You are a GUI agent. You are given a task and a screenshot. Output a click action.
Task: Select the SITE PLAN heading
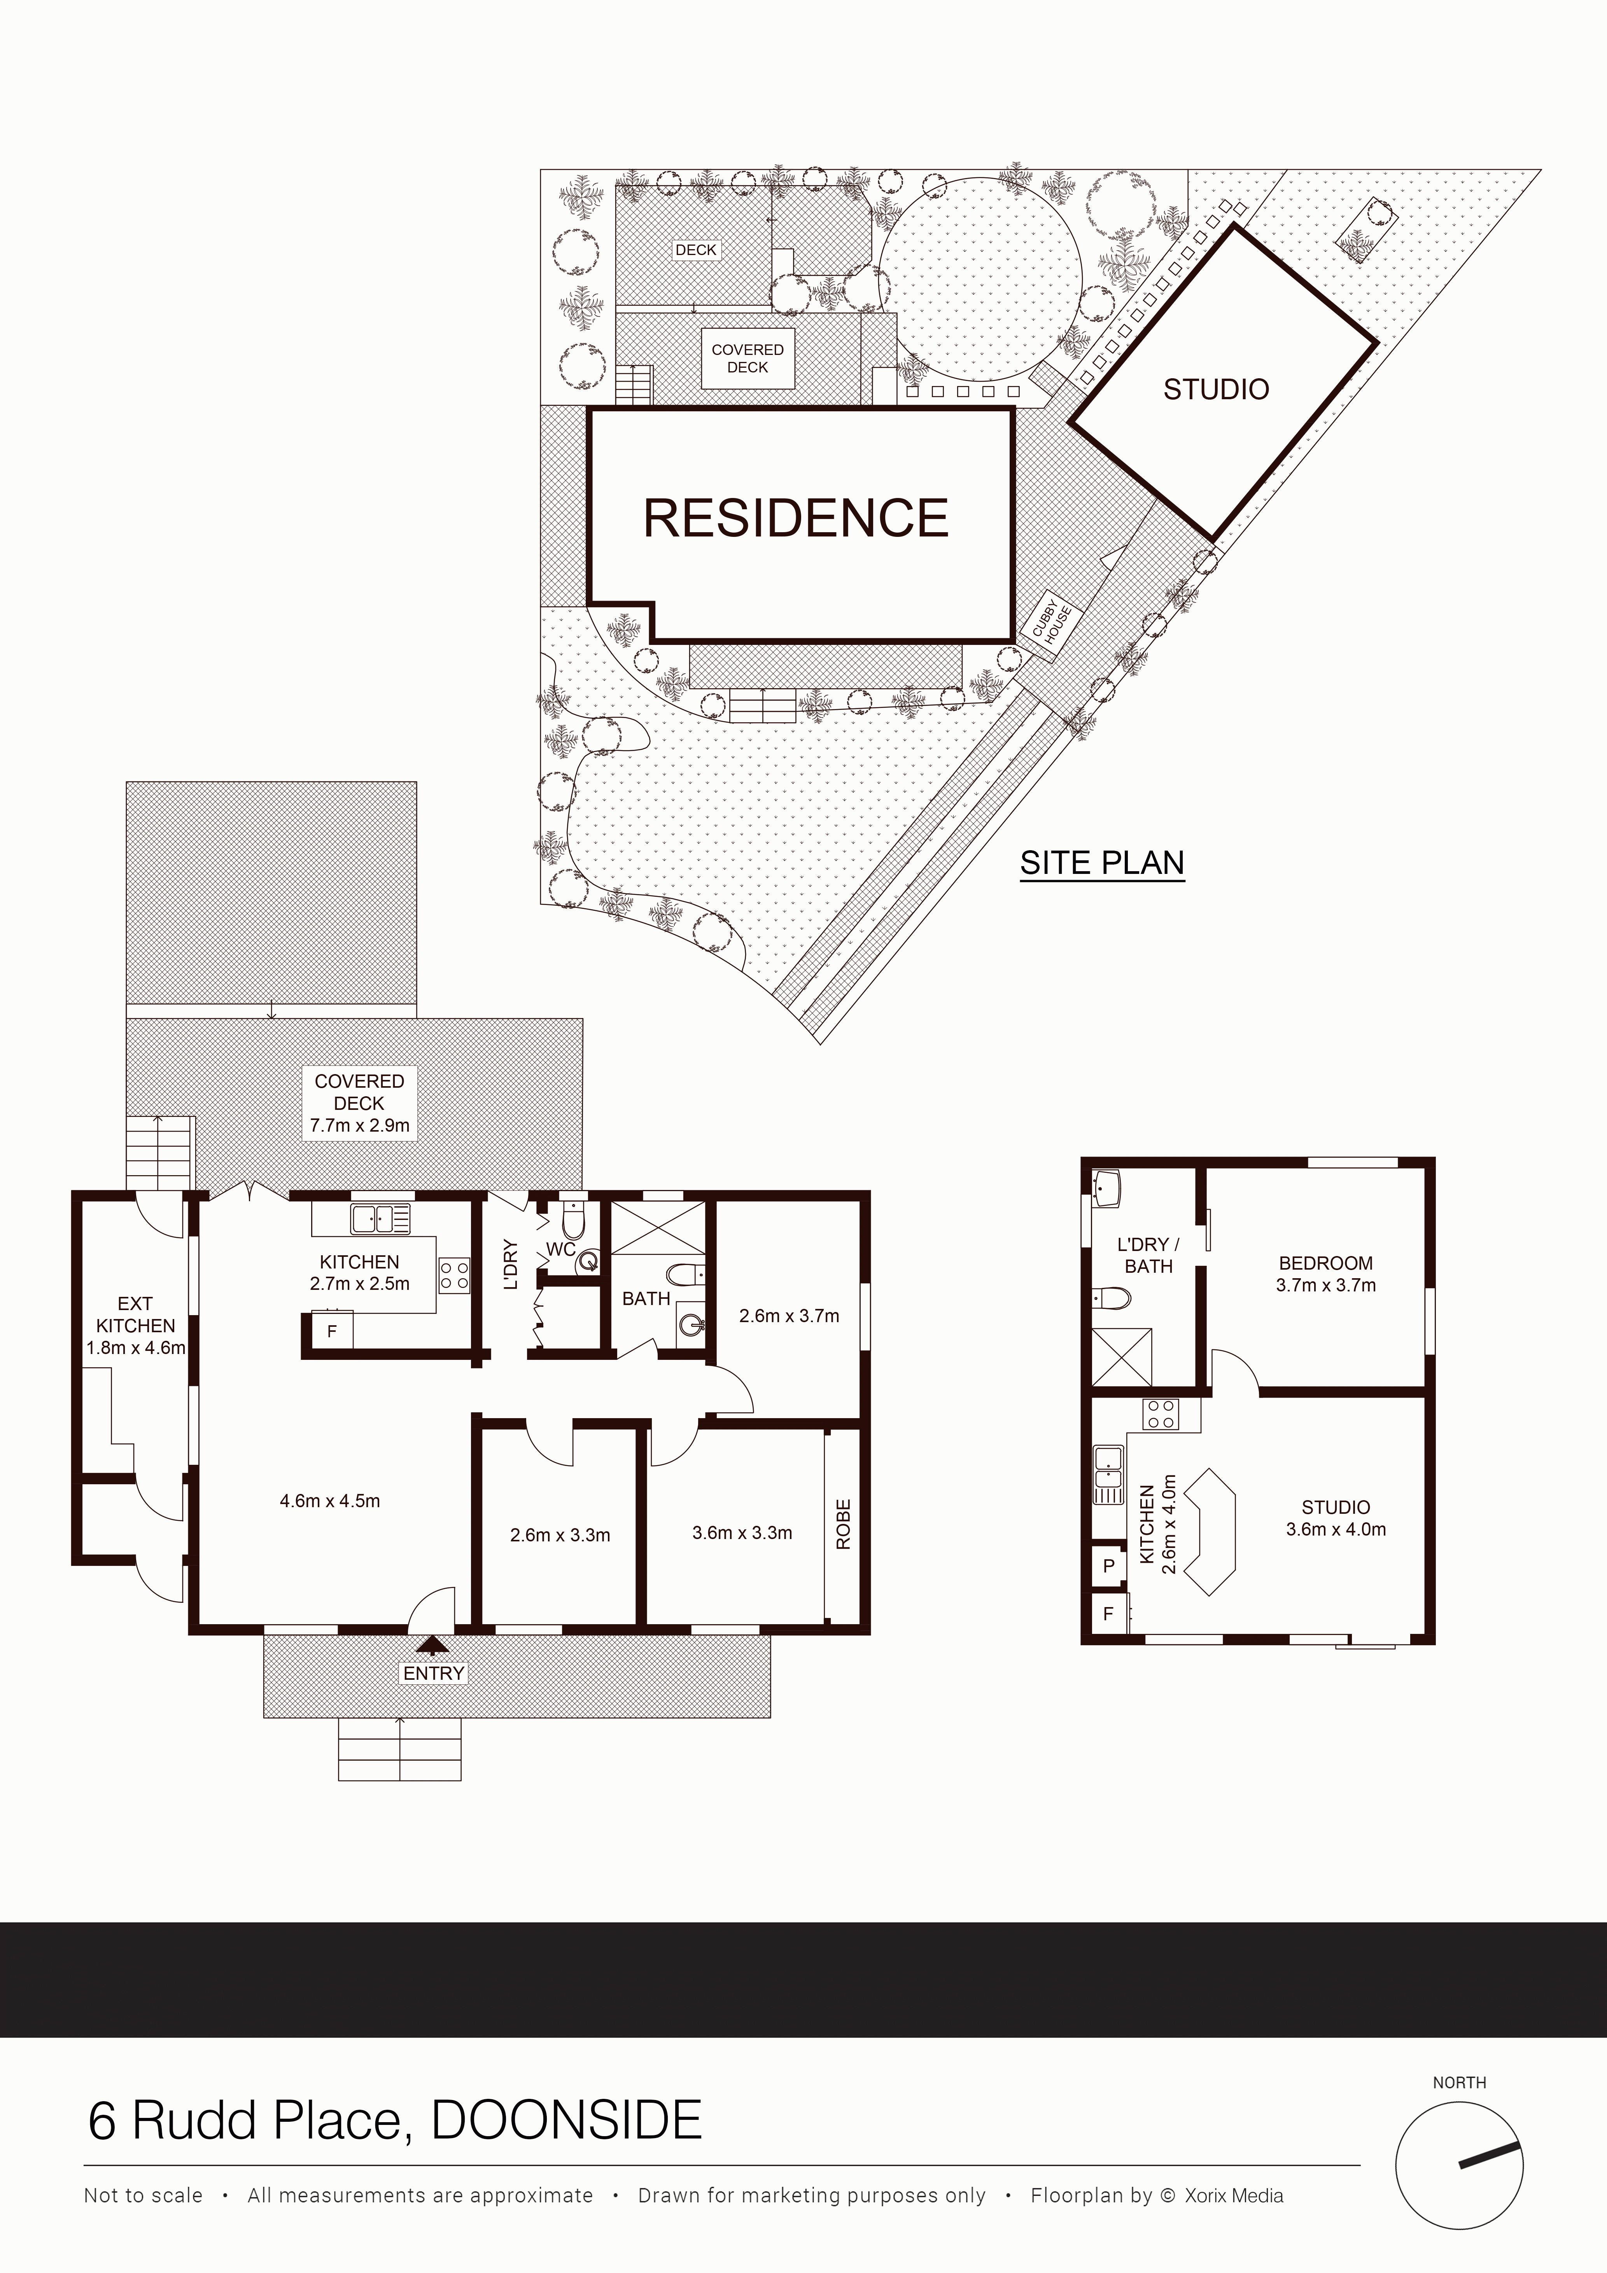point(1102,863)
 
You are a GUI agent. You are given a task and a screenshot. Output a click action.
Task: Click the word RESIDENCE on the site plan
point(796,518)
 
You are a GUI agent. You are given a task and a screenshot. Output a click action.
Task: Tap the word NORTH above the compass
point(1460,2083)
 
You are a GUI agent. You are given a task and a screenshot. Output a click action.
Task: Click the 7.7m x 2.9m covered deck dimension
point(359,1125)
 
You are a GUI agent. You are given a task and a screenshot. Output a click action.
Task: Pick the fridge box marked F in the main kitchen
point(332,1331)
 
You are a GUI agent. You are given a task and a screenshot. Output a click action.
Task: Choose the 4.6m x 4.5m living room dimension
point(330,1501)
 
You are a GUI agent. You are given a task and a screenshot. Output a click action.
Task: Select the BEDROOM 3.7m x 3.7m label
point(1326,1274)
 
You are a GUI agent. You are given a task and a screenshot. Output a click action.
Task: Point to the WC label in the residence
point(560,1249)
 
